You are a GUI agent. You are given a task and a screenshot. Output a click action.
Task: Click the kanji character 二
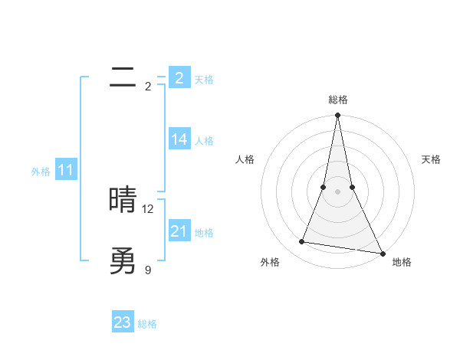(123, 77)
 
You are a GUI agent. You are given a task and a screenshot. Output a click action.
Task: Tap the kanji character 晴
(123, 200)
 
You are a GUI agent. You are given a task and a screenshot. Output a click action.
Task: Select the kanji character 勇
(123, 261)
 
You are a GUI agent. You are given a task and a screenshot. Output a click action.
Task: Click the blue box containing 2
(179, 77)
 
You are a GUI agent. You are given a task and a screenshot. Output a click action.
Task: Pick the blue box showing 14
(179, 139)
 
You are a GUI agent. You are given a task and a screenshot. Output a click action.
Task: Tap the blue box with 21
(179, 231)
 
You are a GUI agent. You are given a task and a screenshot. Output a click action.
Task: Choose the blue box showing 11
(65, 170)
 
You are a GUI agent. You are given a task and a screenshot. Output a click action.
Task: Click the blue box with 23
(123, 322)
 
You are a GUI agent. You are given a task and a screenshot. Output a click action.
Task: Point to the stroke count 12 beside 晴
(148, 209)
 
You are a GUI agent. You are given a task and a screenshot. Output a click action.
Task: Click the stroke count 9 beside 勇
(148, 270)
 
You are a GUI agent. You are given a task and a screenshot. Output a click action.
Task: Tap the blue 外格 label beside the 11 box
(41, 172)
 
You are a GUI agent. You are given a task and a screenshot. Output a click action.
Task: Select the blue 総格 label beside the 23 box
(147, 324)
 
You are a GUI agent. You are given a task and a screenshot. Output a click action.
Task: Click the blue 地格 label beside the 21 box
(204, 233)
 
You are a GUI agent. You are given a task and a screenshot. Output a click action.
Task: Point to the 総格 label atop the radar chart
(338, 100)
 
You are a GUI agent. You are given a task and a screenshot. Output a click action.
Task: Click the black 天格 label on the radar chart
(432, 159)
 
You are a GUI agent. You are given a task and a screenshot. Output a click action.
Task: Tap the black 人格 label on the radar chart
(245, 159)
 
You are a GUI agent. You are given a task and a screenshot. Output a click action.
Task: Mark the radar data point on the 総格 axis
(338, 116)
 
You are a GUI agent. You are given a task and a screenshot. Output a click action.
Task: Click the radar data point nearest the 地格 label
(382, 253)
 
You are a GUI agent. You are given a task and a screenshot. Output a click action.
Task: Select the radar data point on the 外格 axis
(302, 242)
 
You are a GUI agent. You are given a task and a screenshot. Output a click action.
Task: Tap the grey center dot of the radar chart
(338, 191)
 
